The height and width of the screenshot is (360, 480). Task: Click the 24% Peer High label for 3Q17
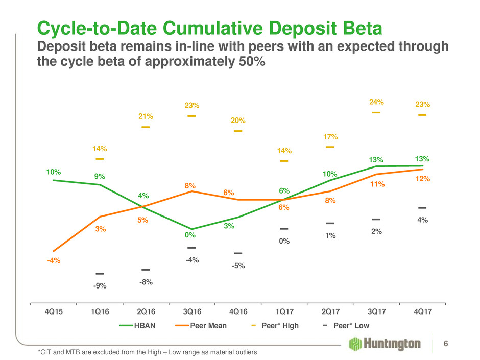[376, 102]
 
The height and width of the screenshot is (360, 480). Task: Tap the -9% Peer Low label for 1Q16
[100, 286]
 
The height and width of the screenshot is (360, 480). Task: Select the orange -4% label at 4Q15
[54, 261]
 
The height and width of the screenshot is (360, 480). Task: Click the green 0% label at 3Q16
[191, 236]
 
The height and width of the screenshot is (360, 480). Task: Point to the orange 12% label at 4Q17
[423, 179]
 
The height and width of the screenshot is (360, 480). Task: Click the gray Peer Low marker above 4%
[422, 208]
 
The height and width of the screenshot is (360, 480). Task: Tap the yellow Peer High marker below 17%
[330, 147]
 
